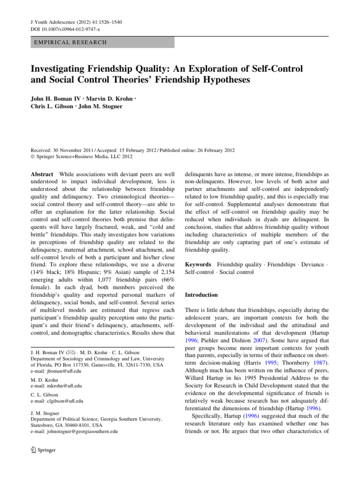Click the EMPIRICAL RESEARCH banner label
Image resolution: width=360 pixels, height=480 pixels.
pos(69,42)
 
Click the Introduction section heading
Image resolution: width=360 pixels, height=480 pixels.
pos(202,295)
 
